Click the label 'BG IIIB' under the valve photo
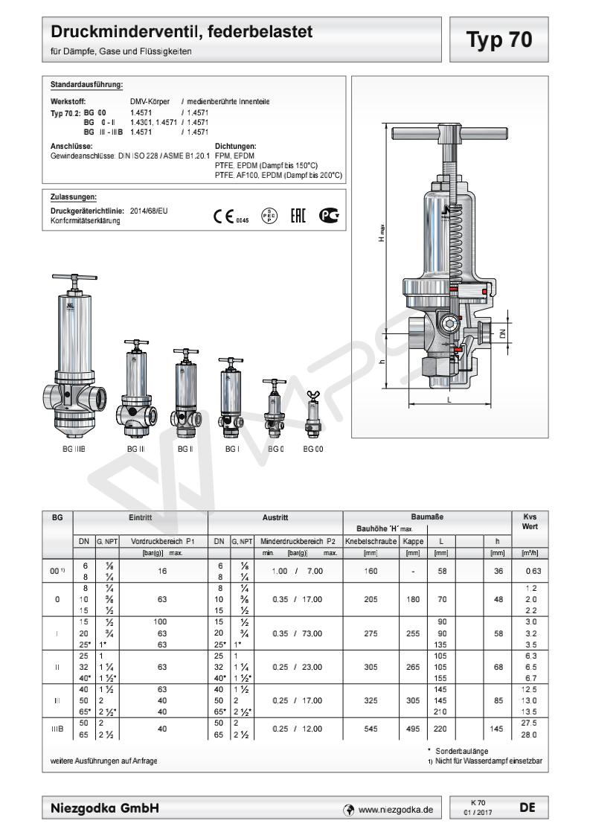(x=74, y=450)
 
